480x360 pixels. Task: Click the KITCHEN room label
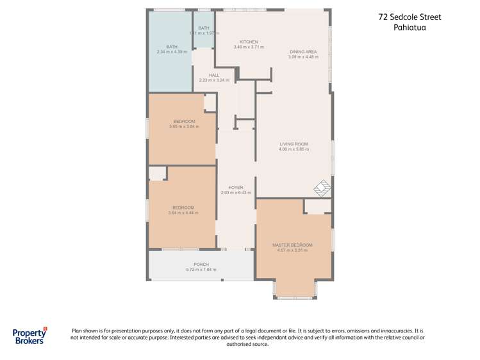tap(248, 41)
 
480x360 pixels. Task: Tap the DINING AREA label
tap(302, 52)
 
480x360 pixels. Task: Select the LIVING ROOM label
tap(294, 144)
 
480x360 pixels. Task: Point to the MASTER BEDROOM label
tap(292, 245)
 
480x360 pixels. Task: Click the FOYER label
tap(236, 188)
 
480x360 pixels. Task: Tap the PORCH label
tap(201, 265)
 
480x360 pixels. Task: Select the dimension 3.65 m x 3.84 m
tap(184, 127)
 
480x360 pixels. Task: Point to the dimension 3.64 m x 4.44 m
tap(183, 213)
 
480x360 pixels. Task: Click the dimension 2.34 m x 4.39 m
tap(172, 52)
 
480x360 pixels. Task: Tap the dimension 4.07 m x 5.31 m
tap(292, 250)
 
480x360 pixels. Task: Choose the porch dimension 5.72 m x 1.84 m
tap(201, 270)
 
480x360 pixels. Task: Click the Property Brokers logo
tap(30, 336)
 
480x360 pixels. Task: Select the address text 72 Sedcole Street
tap(410, 17)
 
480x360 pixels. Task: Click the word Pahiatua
tap(410, 28)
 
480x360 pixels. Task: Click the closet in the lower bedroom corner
tap(158, 173)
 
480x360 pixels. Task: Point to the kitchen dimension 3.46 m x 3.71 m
tap(248, 47)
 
